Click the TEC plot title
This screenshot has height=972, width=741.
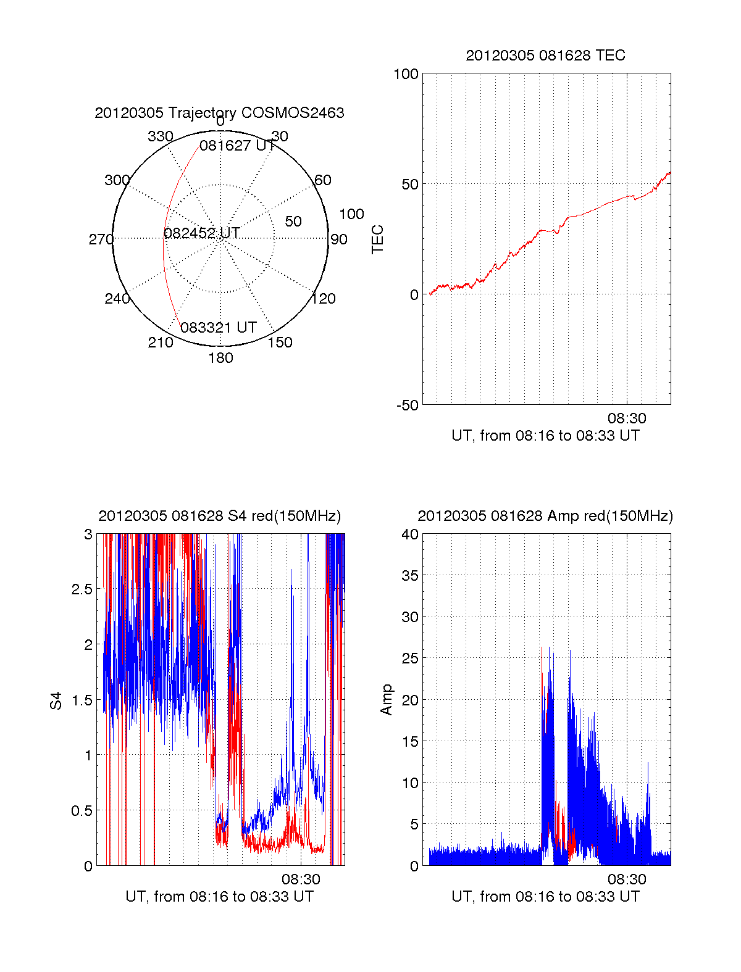coord(545,56)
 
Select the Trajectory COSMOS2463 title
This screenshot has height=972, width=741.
coord(219,113)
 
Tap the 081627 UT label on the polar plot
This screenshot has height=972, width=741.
coord(237,146)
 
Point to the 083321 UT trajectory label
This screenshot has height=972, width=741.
coord(218,328)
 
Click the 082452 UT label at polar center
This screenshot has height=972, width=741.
coord(201,233)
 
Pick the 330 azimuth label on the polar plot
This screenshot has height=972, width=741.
coord(160,136)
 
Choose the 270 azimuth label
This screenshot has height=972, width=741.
coord(101,239)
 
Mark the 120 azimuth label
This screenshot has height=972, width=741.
coord(324,299)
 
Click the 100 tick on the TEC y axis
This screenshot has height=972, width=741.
coord(406,74)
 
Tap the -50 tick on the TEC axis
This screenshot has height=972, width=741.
coord(407,405)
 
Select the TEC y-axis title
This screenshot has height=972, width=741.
coord(377,239)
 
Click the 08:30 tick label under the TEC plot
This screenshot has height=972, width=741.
coord(627,418)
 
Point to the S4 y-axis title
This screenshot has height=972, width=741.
coord(56,700)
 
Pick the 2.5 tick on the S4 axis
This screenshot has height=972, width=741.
coord(82,589)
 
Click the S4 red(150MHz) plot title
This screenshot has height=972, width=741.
coord(219,516)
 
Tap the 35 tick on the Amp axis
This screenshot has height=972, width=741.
coord(410,576)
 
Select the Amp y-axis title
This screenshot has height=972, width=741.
coord(387,699)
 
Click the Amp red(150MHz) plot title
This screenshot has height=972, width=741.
coord(545,516)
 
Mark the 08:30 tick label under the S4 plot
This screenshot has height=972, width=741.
coord(301,879)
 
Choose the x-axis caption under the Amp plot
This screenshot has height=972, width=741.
coord(545,897)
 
